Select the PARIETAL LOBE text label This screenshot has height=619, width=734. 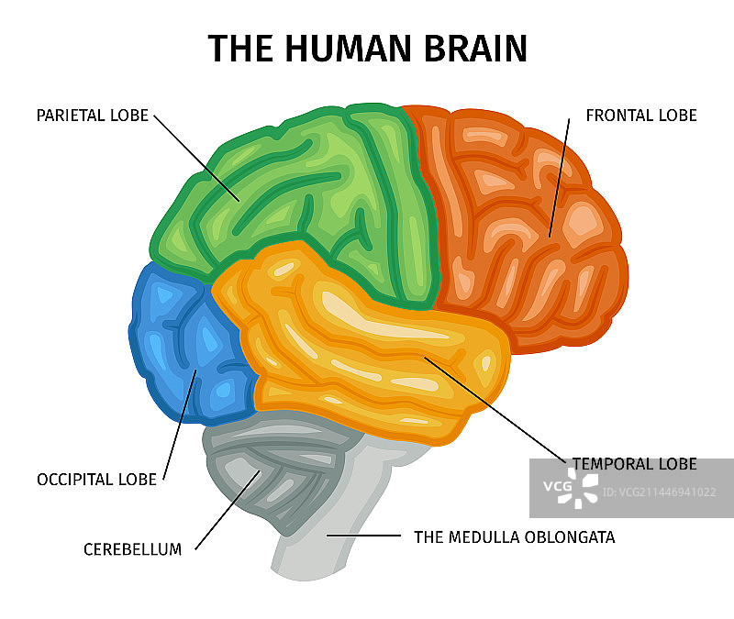click(x=92, y=116)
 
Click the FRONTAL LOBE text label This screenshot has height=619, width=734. click(x=641, y=116)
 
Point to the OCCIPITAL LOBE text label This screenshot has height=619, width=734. click(x=95, y=480)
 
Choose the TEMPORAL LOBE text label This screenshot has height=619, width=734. click(x=635, y=464)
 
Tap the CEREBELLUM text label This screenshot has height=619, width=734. click(x=132, y=549)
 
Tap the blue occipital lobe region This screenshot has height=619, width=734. click(x=183, y=348)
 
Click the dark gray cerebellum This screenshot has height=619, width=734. click(x=275, y=477)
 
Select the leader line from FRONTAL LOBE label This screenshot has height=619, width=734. click(x=560, y=174)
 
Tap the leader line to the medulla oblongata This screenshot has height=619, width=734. click(x=363, y=535)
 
